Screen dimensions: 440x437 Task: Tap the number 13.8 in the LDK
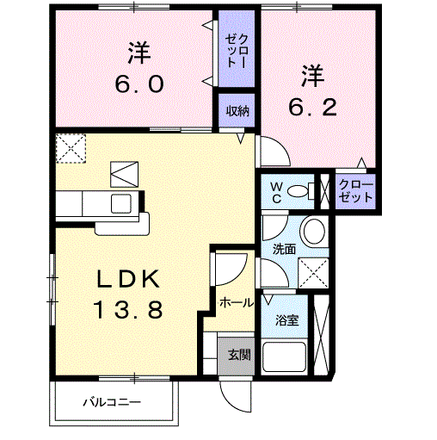128,309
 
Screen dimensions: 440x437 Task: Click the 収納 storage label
237,110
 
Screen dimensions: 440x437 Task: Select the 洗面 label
284,249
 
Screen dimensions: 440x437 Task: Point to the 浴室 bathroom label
286,320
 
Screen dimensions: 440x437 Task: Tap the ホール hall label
237,302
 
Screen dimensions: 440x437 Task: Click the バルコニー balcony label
111,402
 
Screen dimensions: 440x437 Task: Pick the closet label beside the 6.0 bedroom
237,53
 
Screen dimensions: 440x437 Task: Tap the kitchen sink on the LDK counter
119,204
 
